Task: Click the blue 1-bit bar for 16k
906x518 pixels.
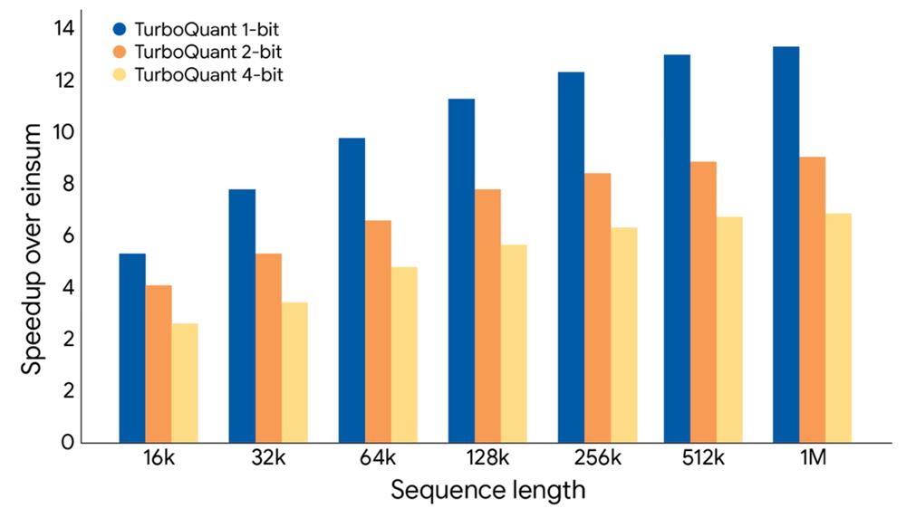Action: pos(132,348)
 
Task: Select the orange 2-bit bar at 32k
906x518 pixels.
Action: pos(268,348)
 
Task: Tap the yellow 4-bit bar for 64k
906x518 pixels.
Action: pos(404,354)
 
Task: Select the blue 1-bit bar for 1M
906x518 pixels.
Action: pos(786,245)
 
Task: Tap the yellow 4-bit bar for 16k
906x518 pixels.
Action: pos(185,382)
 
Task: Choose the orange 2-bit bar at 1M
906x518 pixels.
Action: pos(813,299)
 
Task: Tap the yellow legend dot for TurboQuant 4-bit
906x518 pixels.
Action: pos(119,75)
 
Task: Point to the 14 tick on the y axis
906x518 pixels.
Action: pos(63,29)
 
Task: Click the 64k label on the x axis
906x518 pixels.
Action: pos(378,459)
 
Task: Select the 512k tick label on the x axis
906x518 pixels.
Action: pos(703,459)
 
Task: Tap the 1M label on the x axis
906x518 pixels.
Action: pos(813,459)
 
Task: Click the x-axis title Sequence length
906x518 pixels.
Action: pos(487,492)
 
